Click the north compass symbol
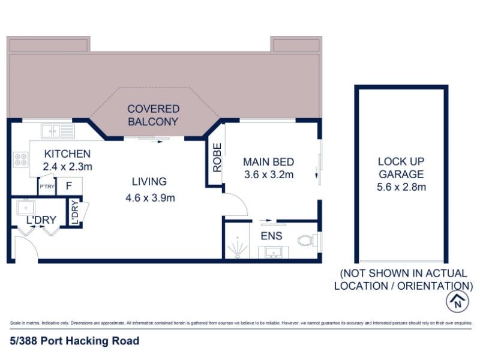(457, 301)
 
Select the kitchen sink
(58, 131)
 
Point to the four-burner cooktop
(21, 160)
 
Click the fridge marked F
(69, 186)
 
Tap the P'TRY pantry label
(47, 186)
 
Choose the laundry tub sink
(26, 208)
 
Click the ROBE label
(217, 158)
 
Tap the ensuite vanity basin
(274, 253)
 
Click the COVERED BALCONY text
(154, 115)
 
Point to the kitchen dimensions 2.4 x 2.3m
(67, 167)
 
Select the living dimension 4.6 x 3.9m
(150, 198)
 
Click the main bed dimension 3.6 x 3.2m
(269, 175)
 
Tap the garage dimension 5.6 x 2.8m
(401, 187)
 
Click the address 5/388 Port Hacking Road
(74, 341)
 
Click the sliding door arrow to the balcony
(158, 142)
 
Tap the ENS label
(272, 236)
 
